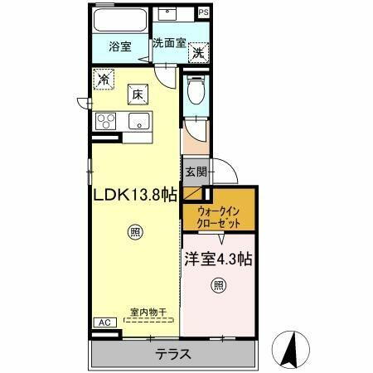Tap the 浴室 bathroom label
120,46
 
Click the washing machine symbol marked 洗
199,52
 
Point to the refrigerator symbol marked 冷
104,80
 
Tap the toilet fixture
196,90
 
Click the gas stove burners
107,122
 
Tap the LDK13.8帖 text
135,196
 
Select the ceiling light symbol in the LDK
134,233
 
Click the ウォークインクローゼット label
220,217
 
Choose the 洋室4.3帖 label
217,258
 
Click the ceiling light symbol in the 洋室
217,287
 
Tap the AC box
104,322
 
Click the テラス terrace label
173,354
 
